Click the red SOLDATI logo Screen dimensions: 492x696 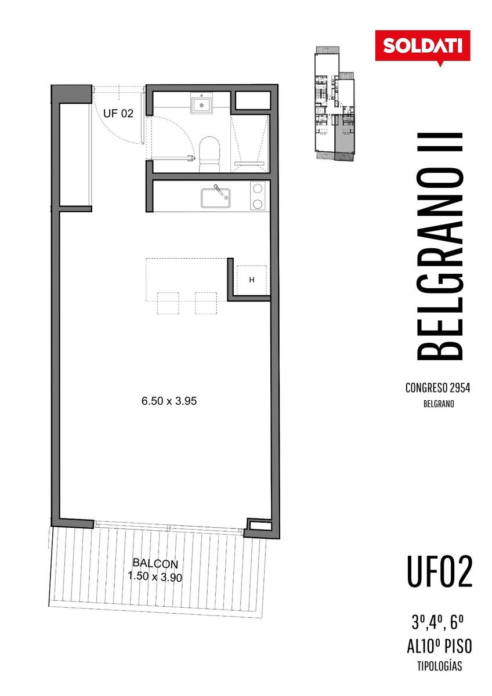pos(422,46)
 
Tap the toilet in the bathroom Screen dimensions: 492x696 pos(209,154)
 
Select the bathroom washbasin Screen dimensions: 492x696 pos(201,105)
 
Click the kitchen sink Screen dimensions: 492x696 pos(215,198)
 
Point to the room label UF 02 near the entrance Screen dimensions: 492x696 pos(118,114)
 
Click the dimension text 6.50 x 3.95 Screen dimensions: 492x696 pos(169,401)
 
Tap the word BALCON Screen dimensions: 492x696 pos(155,563)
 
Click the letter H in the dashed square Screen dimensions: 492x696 pos(252,280)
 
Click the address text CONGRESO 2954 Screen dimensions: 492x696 pos(437,388)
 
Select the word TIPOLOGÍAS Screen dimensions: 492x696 pos(439,666)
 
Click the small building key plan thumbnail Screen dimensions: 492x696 pos(334,103)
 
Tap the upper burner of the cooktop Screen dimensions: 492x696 pos(258,188)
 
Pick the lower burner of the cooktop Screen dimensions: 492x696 pos(258,204)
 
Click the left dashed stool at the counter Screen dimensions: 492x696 pos(168,303)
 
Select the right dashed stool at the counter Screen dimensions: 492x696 pos(206,303)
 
